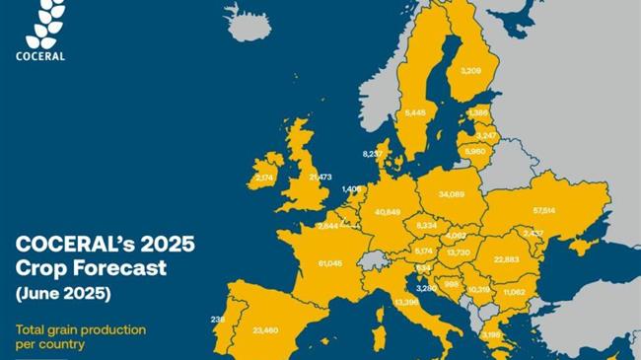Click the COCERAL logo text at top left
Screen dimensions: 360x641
40,56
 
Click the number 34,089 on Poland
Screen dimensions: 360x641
452,194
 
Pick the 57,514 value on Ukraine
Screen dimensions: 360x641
543,210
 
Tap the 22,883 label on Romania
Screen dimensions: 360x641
506,259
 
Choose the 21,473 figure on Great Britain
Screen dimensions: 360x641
320,178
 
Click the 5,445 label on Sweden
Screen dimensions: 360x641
415,113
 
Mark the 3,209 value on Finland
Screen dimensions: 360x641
472,71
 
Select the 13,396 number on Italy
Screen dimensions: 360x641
406,302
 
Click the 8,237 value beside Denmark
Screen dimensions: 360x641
373,154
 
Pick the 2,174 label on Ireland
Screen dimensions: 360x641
264,178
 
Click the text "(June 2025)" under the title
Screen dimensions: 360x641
62,293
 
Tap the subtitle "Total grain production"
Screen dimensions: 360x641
80,329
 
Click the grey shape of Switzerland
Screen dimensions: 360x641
370,261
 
